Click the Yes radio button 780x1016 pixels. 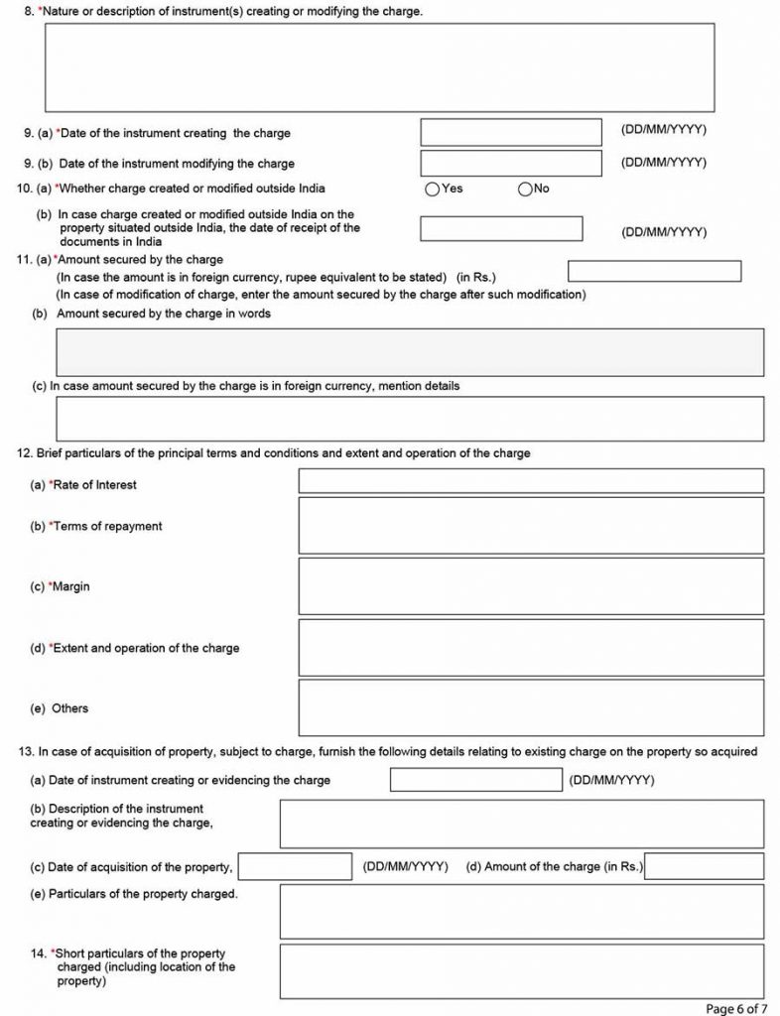(x=432, y=190)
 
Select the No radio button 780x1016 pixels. (x=525, y=190)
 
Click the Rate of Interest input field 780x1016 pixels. (x=531, y=481)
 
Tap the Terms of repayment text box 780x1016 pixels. (x=531, y=526)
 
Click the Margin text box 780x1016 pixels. (x=531, y=586)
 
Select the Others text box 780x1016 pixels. (x=531, y=707)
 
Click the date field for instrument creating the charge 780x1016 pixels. (x=511, y=132)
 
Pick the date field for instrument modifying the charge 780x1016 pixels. (x=511, y=163)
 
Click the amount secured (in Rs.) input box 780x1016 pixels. (x=654, y=271)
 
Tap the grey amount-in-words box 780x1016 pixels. (x=410, y=352)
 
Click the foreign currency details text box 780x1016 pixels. (x=410, y=419)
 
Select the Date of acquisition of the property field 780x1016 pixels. (x=296, y=866)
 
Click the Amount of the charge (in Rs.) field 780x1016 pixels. (x=704, y=866)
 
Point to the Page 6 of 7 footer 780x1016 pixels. (x=735, y=1008)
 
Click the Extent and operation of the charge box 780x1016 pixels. (x=531, y=647)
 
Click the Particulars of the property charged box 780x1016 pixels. (x=521, y=911)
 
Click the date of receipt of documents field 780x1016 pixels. (x=501, y=228)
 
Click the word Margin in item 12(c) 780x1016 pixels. (x=71, y=587)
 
